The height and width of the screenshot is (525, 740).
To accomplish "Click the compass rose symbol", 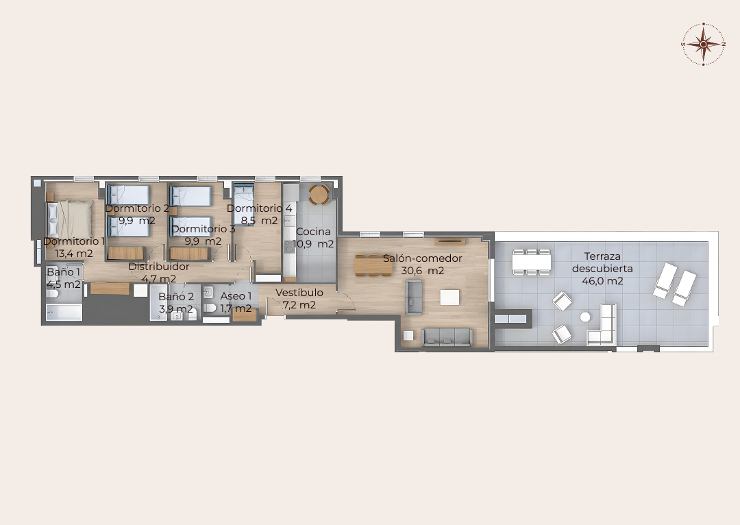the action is tap(703, 44).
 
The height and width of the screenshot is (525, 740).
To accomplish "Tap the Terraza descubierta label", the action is tap(602, 262).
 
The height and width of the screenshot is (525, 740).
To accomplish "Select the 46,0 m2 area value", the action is tap(602, 281).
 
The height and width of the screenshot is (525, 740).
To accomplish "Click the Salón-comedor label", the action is tap(422, 258).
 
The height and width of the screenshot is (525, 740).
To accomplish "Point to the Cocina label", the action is tap(313, 232).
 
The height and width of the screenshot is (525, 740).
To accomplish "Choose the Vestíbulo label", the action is tap(299, 292).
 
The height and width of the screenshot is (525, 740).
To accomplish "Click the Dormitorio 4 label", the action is tap(260, 208).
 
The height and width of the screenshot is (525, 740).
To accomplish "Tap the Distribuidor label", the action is tap(159, 267).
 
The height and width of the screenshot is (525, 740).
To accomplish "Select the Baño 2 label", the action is tap(176, 297).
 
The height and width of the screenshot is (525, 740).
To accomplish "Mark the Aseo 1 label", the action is tap(236, 296).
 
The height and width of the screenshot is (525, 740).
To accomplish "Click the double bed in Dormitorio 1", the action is tap(71, 219).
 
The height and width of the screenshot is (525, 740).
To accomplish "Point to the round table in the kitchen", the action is tap(319, 194).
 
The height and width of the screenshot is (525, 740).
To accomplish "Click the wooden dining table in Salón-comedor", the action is tap(373, 265).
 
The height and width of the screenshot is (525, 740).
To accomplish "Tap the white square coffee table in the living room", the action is tap(449, 297).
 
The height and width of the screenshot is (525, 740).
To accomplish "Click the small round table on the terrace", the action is tap(585, 317).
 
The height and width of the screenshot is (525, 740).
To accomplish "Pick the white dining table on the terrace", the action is tap(532, 262).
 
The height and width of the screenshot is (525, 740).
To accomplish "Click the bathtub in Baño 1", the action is tap(64, 312).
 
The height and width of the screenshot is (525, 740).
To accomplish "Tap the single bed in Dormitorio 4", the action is tap(244, 204).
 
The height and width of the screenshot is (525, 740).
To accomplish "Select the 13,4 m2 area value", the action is tap(74, 254).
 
